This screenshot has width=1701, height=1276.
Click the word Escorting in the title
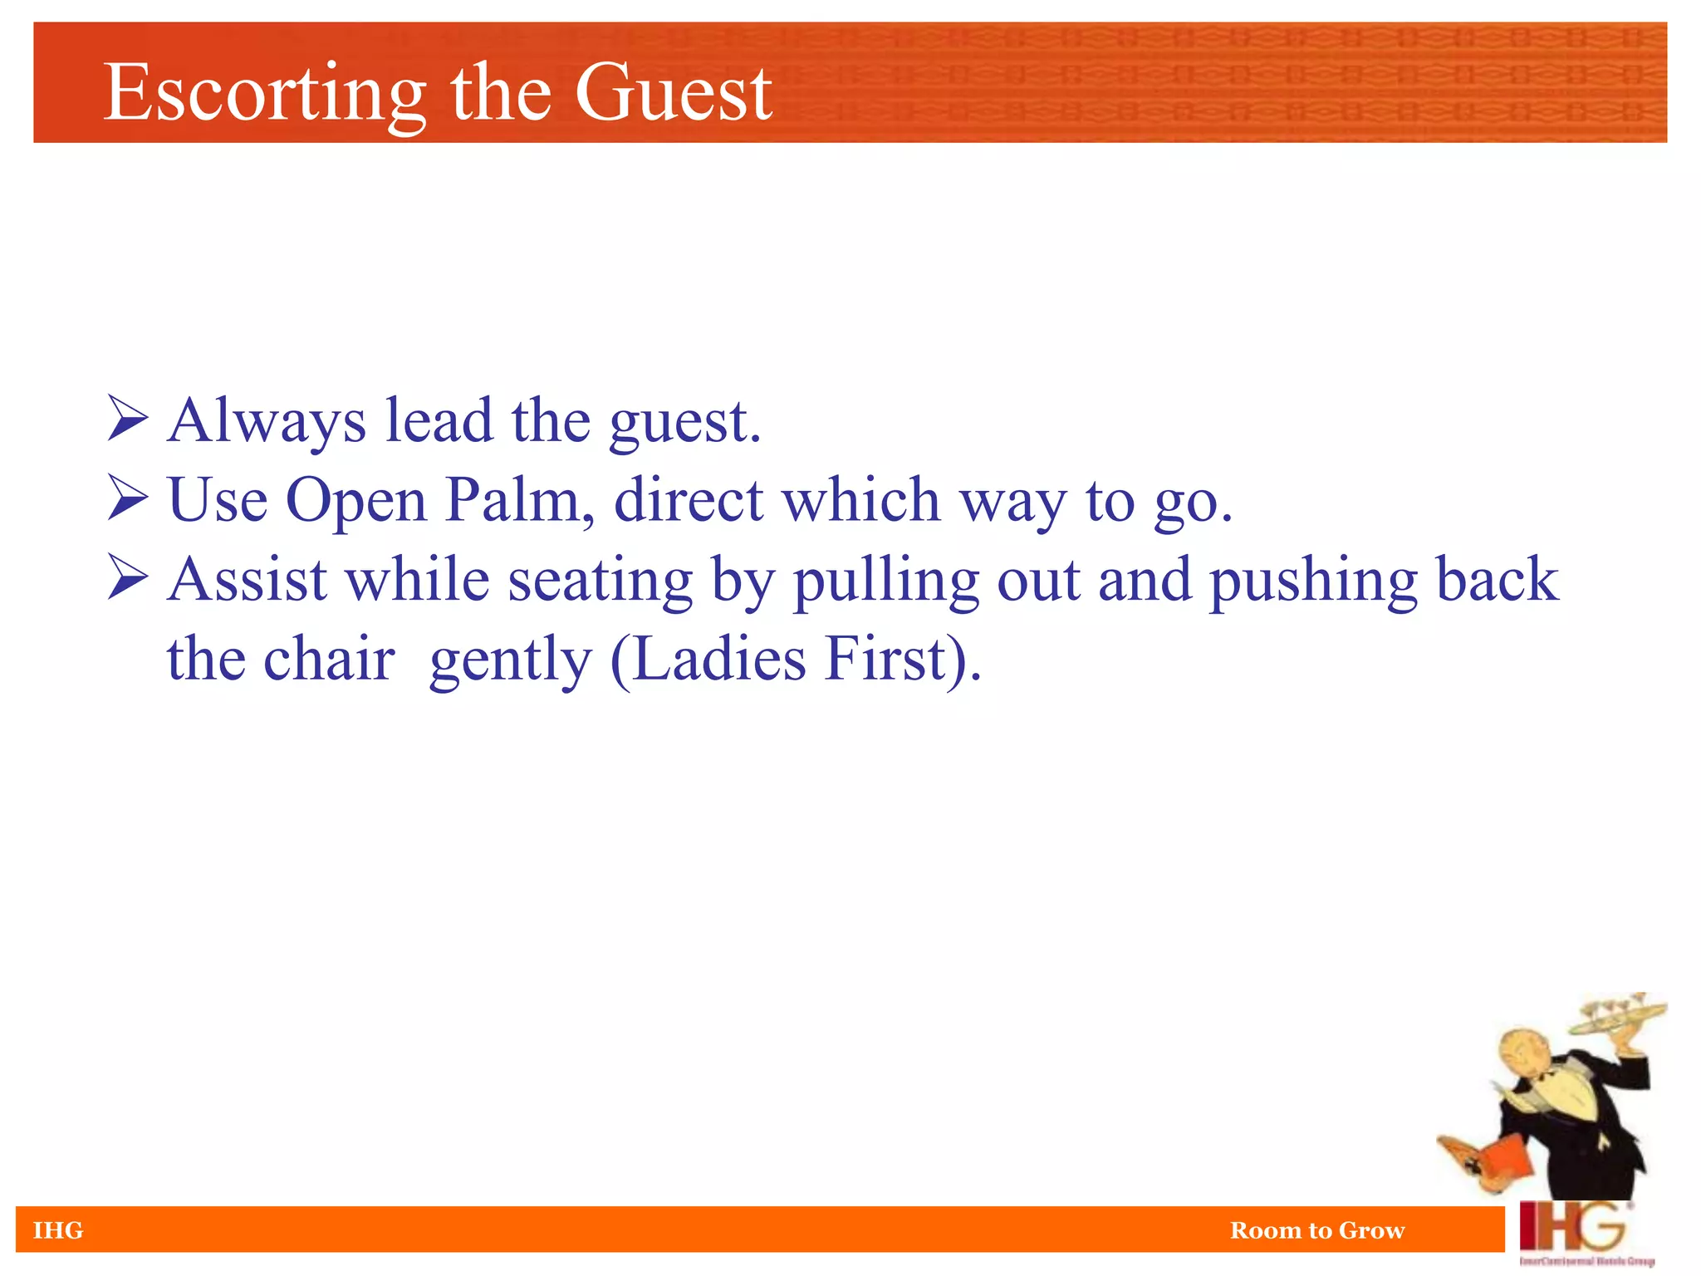pos(264,93)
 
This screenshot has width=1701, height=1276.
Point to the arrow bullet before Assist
pos(128,578)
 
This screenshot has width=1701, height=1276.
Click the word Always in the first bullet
pos(266,421)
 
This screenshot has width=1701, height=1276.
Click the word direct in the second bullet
pos(689,500)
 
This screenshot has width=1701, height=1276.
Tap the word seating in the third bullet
pos(600,580)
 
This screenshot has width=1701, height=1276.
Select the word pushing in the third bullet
pos(1313,580)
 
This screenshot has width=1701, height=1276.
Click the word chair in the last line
pos(329,659)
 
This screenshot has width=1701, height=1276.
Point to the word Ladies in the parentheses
pos(719,659)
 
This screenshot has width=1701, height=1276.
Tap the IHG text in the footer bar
pos(58,1230)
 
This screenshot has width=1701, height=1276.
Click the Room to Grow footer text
pos(1317,1230)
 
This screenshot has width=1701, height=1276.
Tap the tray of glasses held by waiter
pos(1616,1018)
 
